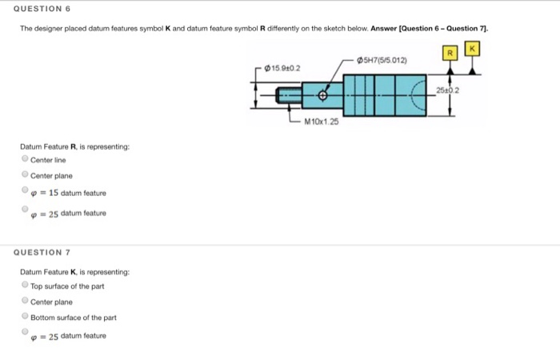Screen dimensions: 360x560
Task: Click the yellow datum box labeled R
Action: [x=450, y=54]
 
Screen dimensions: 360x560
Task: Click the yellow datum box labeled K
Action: [x=474, y=50]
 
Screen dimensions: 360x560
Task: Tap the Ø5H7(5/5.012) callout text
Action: [x=384, y=59]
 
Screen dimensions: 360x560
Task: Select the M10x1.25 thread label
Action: [x=322, y=122]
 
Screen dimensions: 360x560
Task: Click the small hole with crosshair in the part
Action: [x=323, y=95]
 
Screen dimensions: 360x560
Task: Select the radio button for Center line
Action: [x=25, y=159]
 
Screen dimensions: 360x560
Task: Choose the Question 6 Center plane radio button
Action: [x=25, y=174]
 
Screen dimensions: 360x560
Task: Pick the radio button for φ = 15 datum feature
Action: [x=25, y=191]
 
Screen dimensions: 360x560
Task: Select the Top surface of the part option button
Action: [x=25, y=286]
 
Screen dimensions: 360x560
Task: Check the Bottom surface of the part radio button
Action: [x=25, y=317]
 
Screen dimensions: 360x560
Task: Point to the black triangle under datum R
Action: [x=450, y=70]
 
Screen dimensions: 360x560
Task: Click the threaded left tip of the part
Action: [x=286, y=96]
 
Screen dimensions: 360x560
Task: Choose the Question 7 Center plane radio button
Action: [x=25, y=302]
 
